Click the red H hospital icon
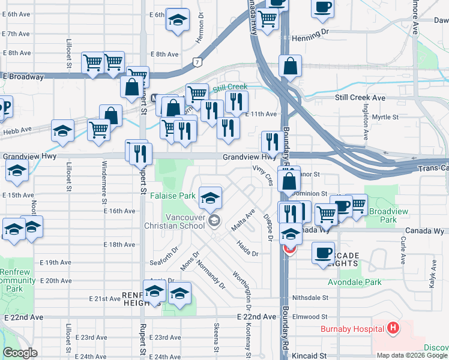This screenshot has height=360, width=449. (393, 328)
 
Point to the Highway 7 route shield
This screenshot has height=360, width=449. (197, 62)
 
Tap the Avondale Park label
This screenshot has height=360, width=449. (355, 281)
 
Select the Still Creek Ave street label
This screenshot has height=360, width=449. (360, 98)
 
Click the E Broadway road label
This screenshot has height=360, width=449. (23, 77)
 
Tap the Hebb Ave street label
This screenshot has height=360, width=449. (17, 130)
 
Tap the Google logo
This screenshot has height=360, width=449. (20, 353)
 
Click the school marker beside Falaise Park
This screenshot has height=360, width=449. (210, 197)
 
